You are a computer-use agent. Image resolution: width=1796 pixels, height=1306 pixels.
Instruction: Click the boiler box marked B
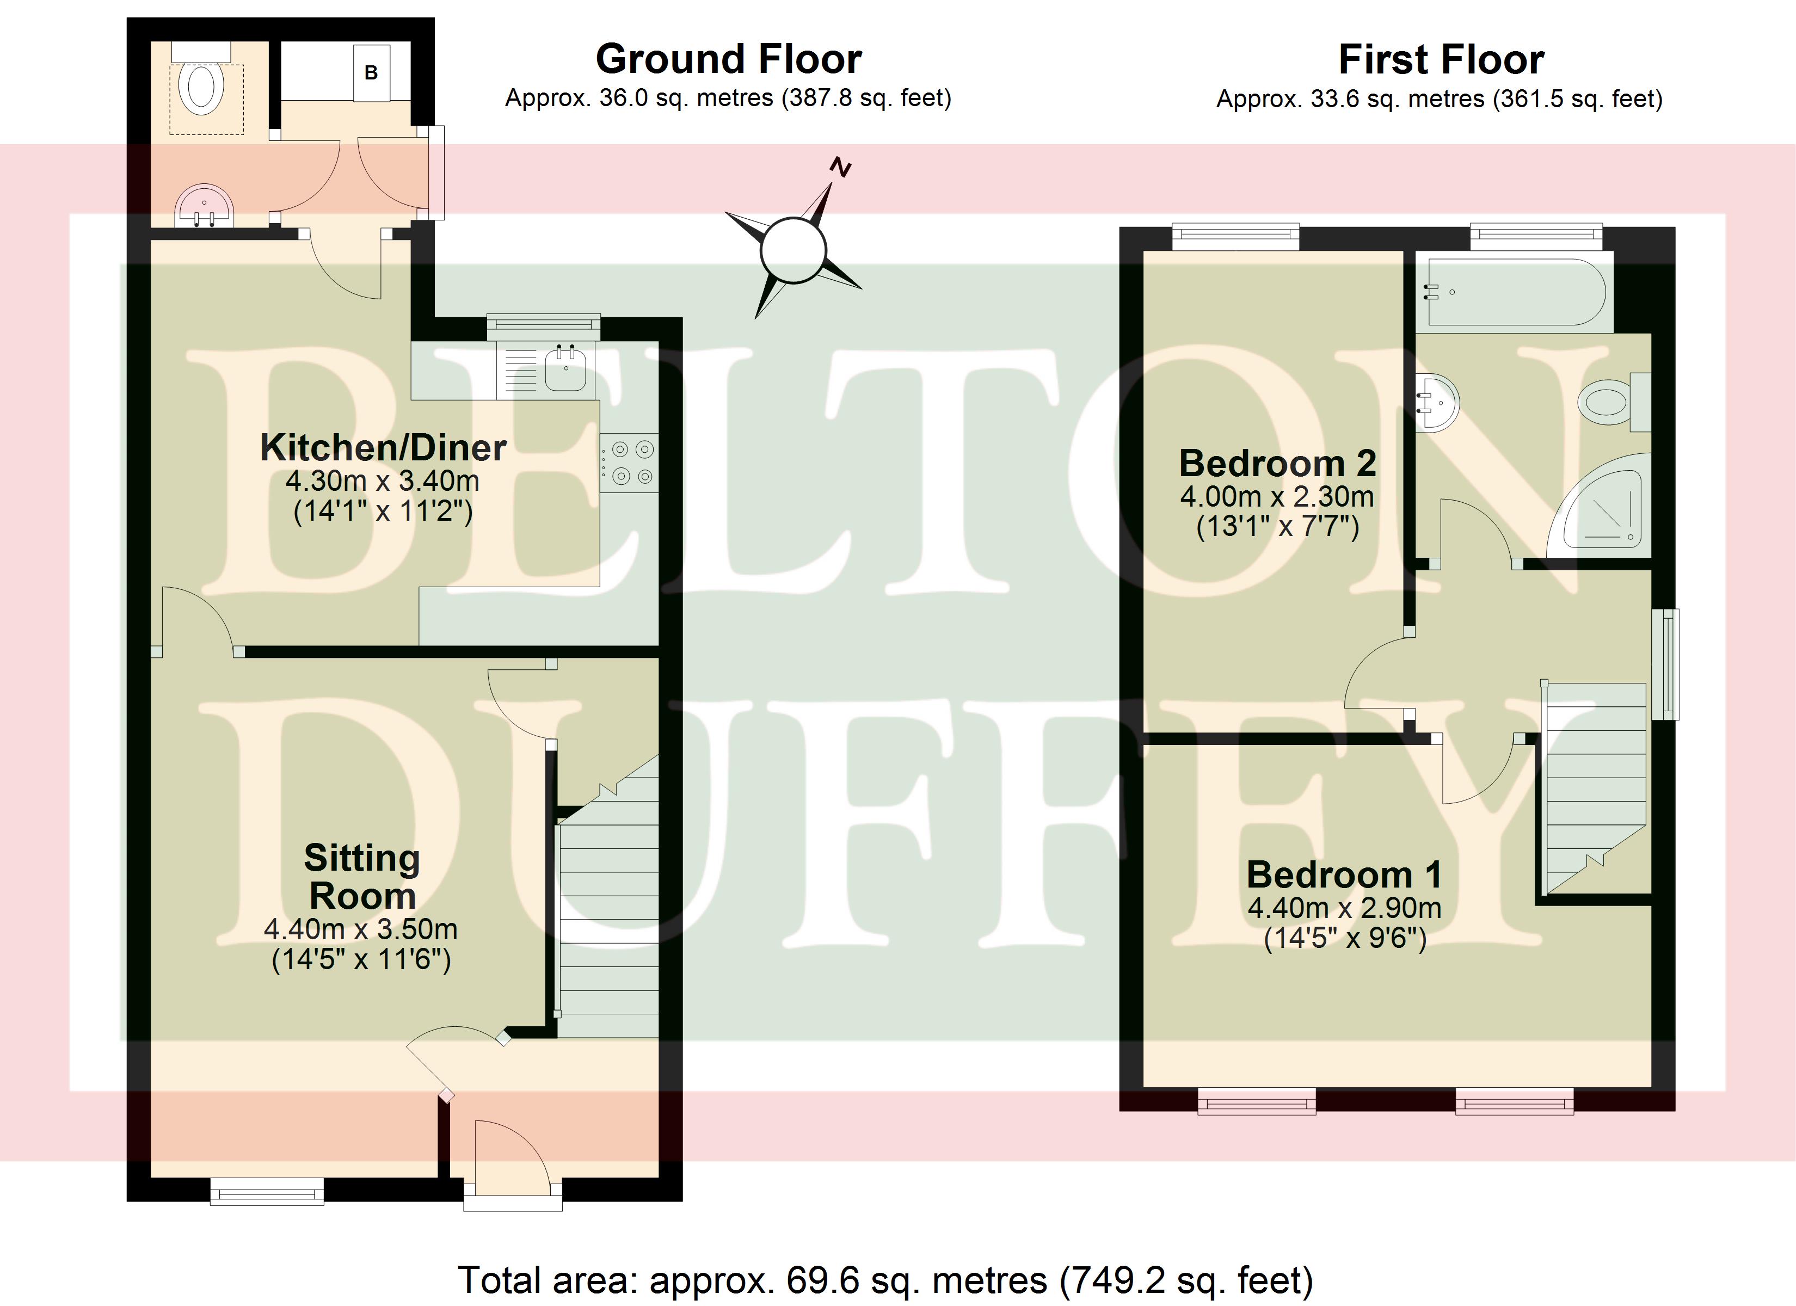pos(371,72)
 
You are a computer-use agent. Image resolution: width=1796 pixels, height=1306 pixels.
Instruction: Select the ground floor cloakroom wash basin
pos(204,206)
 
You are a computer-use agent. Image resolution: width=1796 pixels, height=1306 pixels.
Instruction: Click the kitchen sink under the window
pos(566,368)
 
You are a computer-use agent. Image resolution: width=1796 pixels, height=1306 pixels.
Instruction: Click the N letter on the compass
pos(840,168)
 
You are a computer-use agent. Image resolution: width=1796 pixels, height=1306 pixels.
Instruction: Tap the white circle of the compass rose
pos(792,250)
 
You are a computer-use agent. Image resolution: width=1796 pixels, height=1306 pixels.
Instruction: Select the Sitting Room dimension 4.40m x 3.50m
pos(361,929)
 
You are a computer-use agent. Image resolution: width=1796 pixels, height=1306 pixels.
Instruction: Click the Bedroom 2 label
pos(1277,463)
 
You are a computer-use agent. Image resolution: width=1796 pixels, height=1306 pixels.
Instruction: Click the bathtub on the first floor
pos(1514,292)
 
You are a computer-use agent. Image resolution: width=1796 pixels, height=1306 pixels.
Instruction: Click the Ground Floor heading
pos(729,59)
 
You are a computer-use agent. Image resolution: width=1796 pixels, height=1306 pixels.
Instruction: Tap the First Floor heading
pos(1441,59)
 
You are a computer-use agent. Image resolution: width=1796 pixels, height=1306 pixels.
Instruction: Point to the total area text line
pos(886,1279)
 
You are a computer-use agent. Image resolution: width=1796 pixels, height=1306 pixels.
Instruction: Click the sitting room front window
pos(267,1191)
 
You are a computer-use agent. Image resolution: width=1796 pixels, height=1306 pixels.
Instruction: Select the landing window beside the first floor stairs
pos(1669,664)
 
